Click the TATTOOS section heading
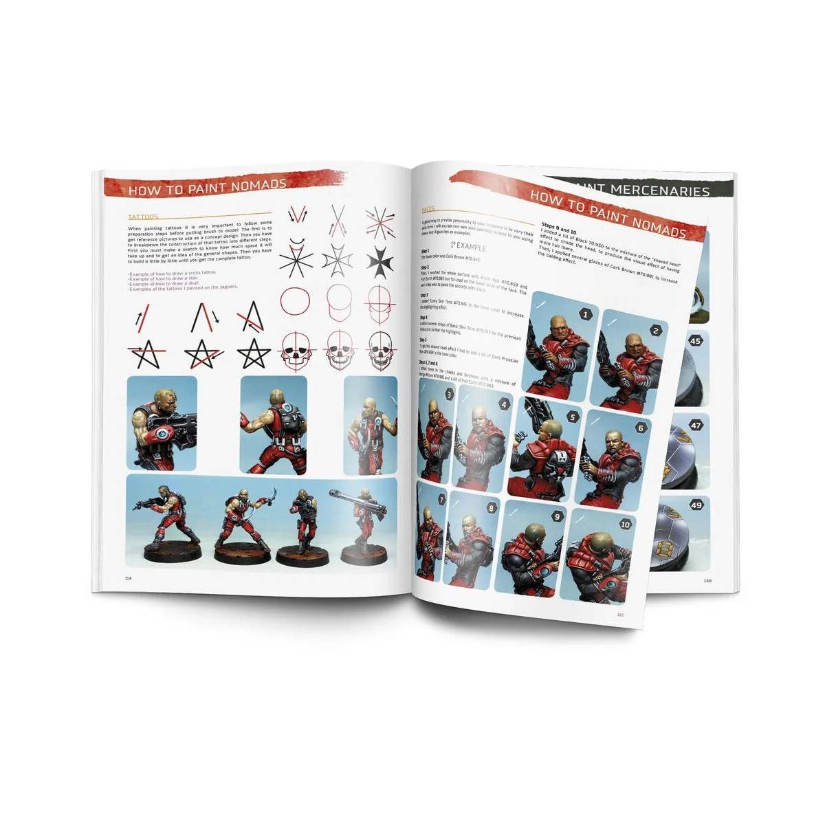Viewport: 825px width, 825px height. point(143,217)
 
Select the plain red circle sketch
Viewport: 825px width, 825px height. point(296,300)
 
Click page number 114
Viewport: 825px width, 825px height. point(127,578)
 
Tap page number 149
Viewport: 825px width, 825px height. point(707,580)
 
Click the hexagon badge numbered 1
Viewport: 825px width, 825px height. point(586,315)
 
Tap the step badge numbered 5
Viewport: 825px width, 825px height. point(572,417)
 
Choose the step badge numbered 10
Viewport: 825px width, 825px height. point(625,524)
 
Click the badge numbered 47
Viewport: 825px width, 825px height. point(696,426)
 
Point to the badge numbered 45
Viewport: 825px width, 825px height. point(696,340)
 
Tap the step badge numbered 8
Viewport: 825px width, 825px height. point(491,509)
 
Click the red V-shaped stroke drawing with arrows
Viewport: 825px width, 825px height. point(297,214)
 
